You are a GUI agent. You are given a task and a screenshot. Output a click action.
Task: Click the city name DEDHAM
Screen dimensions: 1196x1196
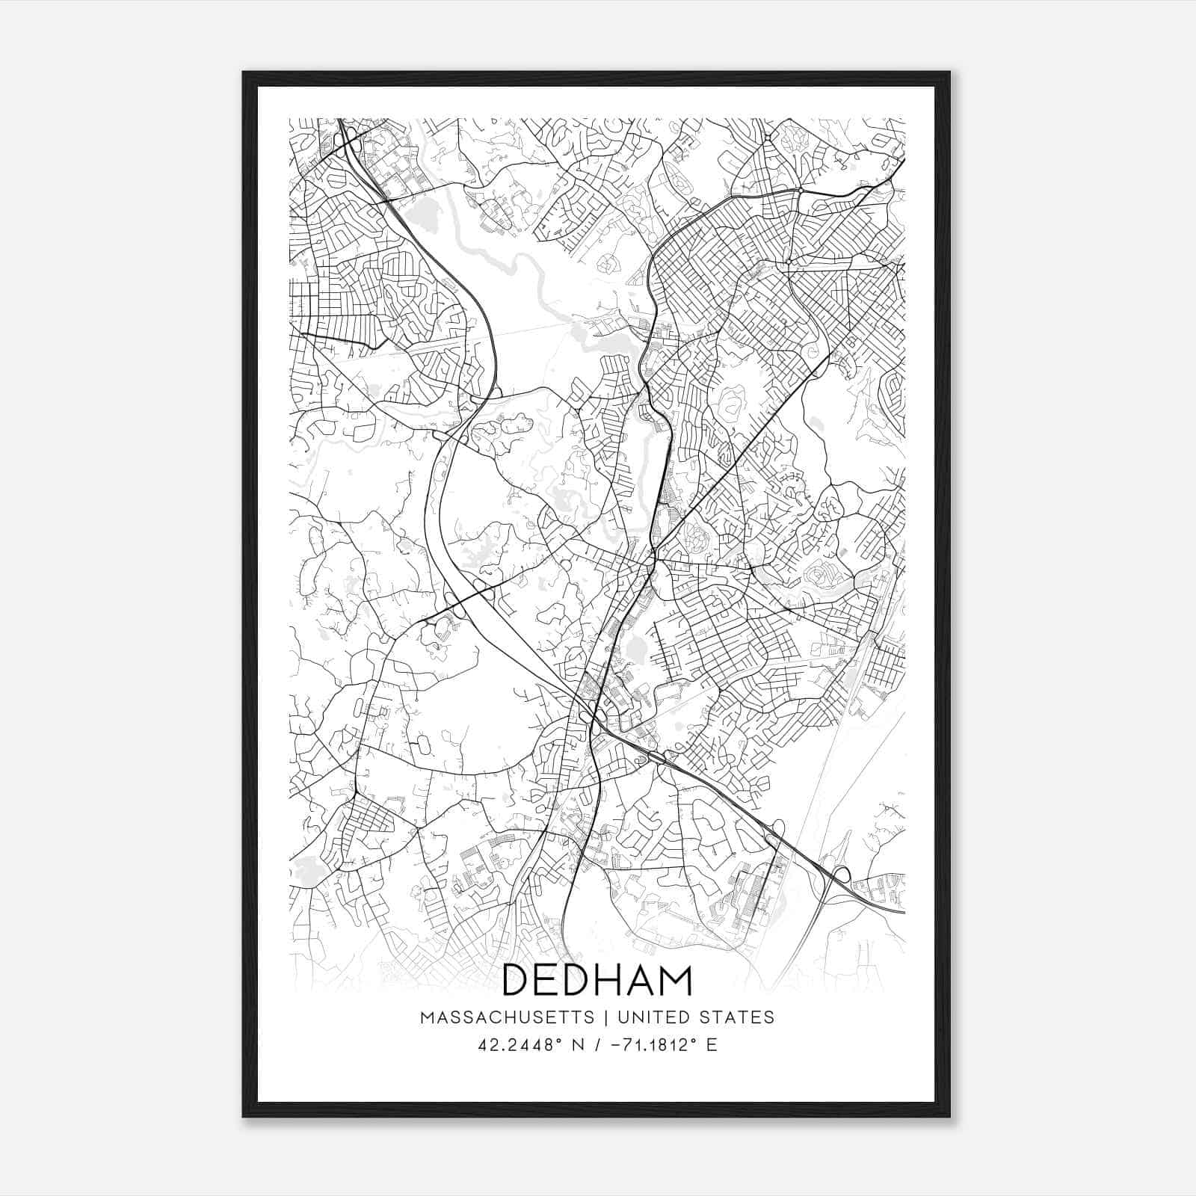coord(597,980)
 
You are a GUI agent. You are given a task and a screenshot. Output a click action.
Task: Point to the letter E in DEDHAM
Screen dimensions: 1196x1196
coord(550,980)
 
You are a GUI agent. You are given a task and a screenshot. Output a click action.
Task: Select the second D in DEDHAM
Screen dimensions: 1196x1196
coord(581,980)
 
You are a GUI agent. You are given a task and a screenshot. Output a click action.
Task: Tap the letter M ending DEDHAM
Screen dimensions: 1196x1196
coord(677,980)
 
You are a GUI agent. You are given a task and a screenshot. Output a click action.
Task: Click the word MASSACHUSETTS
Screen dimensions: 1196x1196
coord(508,1017)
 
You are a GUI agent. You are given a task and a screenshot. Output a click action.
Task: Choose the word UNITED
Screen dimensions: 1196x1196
coord(647,1017)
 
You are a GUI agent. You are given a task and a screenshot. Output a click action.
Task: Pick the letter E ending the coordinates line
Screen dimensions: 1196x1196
coord(712,1045)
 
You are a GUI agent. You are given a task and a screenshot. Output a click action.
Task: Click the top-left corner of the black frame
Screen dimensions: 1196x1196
coord(244,73)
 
